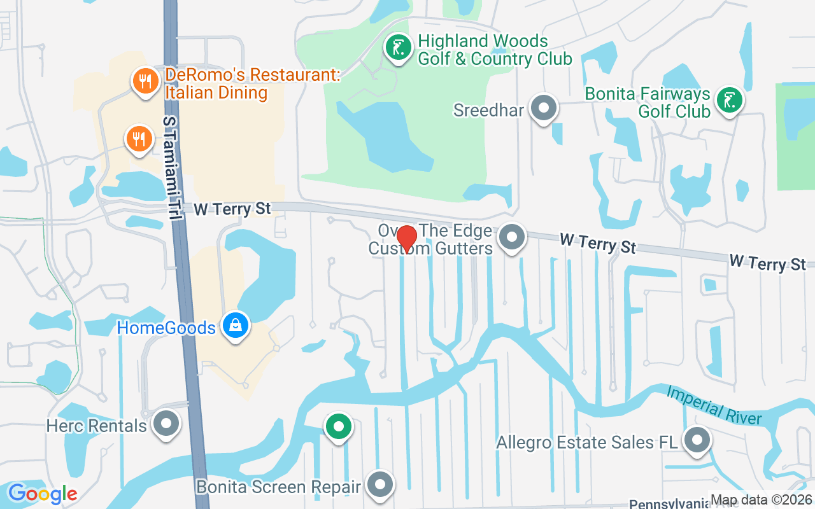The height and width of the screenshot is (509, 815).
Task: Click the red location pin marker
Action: (x=407, y=239)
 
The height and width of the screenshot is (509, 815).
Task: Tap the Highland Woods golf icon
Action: (x=399, y=48)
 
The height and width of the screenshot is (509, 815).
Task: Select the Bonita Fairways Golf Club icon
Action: (x=729, y=101)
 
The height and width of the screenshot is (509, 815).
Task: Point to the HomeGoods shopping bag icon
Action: (x=236, y=326)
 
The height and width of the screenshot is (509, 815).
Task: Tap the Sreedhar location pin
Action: (x=543, y=108)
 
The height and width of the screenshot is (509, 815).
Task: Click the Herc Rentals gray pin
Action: (x=167, y=423)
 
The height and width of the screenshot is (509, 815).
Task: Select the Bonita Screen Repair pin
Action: (x=381, y=485)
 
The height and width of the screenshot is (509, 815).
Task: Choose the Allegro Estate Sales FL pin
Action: (x=697, y=440)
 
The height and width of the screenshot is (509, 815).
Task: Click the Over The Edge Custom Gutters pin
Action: (x=511, y=238)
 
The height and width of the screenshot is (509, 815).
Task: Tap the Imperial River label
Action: (x=714, y=405)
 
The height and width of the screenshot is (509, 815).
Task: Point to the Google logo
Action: (x=42, y=494)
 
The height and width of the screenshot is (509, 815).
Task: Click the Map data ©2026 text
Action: (x=762, y=500)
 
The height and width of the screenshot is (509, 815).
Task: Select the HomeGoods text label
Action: (x=166, y=328)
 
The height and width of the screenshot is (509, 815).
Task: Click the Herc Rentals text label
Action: (x=97, y=425)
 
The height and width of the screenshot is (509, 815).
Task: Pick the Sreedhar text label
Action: (x=488, y=110)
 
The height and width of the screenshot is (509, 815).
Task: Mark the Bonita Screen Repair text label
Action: (x=279, y=487)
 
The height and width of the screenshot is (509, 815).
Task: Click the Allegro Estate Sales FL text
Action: (x=588, y=442)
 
